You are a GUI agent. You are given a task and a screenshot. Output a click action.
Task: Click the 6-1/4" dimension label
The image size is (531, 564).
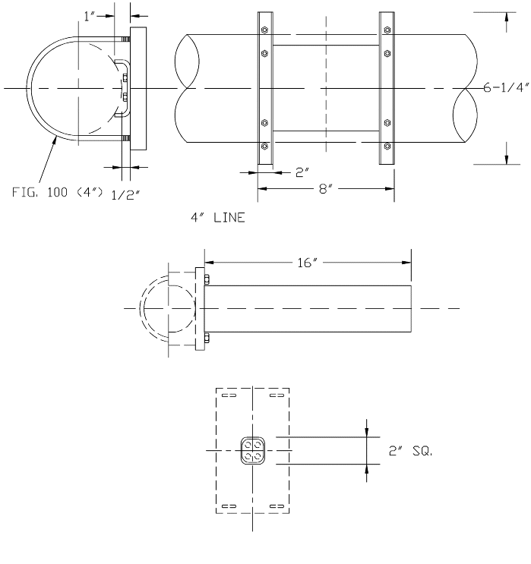coord(507,87)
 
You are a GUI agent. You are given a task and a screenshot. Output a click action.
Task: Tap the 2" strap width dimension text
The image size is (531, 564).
coord(301,172)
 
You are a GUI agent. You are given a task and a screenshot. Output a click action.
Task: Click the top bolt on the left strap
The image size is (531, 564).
coord(264,30)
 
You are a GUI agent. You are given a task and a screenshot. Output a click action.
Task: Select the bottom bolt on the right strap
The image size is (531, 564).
coord(387,145)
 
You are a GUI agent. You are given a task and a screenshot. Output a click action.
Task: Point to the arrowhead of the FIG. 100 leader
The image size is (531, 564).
coord(56,137)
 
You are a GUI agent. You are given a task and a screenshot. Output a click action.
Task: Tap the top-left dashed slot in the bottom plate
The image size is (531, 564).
coord(229,395)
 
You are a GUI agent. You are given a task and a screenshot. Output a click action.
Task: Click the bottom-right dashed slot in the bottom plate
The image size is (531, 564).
coord(277,506)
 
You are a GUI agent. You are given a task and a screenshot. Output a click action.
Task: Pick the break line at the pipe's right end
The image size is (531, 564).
coord(465,87)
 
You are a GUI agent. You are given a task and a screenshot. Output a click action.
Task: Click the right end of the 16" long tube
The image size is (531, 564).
coord(411,309)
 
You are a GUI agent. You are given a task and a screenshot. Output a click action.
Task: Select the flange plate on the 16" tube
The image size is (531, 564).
coord(201,309)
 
